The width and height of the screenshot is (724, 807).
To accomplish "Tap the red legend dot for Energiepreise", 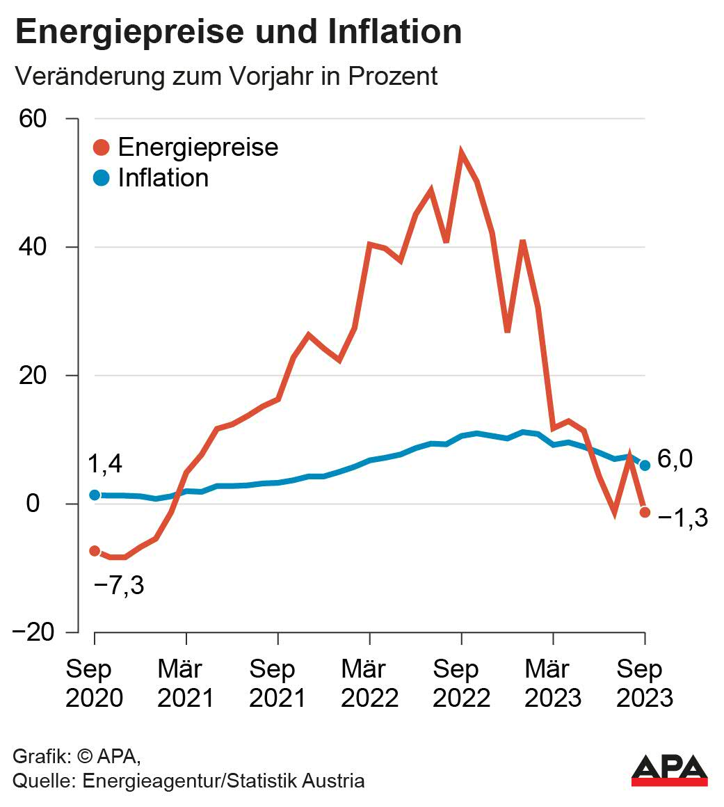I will click(102, 147).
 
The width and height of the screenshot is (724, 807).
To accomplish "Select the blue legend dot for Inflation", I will click(102, 178).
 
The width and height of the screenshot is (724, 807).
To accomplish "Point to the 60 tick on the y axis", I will click(32, 119).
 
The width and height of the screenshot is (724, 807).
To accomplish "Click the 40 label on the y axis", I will click(32, 247).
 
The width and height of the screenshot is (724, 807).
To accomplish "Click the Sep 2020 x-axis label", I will click(94, 683).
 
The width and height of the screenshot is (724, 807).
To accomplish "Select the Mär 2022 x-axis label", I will click(369, 683).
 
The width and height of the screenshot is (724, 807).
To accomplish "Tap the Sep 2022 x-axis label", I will click(461, 683).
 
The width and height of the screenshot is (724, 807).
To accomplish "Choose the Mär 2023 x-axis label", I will click(553, 683).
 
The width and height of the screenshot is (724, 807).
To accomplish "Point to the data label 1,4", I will click(106, 465).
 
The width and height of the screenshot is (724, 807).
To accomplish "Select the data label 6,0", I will click(675, 460).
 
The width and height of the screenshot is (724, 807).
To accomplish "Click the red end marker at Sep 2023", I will click(645, 512).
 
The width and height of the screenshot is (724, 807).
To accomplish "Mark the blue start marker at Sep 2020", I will click(95, 495).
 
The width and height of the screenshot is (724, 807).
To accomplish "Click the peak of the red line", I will click(461, 153).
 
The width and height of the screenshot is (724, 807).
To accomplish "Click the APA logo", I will click(669, 770).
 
